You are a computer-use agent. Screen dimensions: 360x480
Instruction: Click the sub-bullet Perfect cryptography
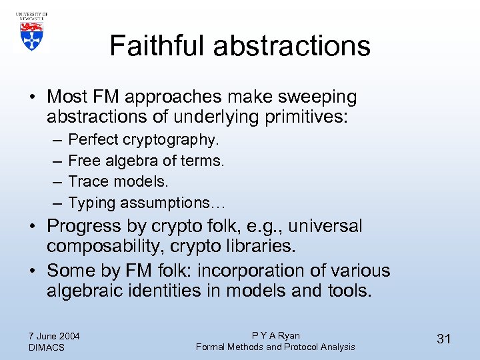click(143, 140)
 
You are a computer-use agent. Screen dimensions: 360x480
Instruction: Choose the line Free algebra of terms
click(146, 161)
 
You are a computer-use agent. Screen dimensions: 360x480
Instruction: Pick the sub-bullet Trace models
click(118, 181)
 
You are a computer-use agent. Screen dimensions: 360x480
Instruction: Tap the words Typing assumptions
click(139, 203)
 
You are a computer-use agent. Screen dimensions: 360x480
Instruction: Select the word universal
click(325, 226)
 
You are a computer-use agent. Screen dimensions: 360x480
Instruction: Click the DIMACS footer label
click(47, 347)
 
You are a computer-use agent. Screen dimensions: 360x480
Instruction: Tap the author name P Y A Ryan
click(275, 335)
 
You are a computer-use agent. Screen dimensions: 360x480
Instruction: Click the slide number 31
click(444, 339)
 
